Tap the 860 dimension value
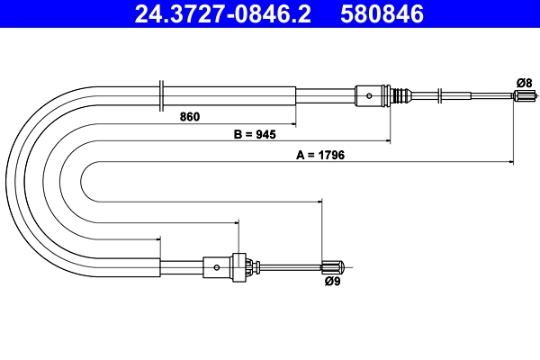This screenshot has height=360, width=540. (189, 117)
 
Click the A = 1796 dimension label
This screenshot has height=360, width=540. (321, 155)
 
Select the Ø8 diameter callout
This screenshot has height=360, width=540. (524, 83)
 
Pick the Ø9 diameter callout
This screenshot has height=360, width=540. (332, 281)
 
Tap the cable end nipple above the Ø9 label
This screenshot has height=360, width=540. (333, 266)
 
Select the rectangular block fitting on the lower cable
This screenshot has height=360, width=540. (217, 266)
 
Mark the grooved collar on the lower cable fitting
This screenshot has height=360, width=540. (239, 266)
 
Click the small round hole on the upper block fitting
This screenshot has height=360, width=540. (369, 94)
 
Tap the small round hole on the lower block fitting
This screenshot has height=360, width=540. (217, 266)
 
